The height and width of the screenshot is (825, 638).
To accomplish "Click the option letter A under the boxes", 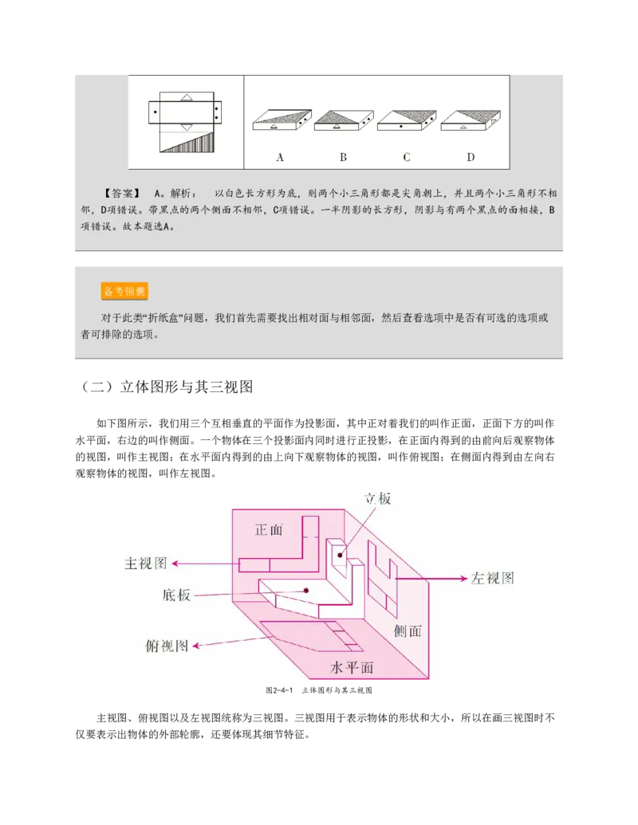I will click(280, 157).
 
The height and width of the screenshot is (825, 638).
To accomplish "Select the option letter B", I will click(343, 157).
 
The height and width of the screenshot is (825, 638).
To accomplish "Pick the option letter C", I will click(406, 157).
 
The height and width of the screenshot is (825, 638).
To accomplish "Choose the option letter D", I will click(470, 157).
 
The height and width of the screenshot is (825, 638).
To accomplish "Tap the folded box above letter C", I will click(406, 120).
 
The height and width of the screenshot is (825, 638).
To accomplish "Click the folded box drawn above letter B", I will click(343, 120).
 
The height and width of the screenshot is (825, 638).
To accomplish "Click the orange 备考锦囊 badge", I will click(124, 291).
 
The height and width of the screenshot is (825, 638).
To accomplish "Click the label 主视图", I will click(146, 564).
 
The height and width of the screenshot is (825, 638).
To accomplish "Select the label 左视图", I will click(494, 578).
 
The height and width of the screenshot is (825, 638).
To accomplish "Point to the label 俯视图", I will click(167, 646).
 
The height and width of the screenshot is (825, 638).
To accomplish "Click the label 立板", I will click(378, 499).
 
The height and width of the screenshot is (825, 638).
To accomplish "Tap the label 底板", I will click(176, 595).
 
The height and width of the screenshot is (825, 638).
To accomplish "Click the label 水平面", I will click(352, 668).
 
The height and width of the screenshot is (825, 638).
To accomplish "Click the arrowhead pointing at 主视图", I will click(175, 564).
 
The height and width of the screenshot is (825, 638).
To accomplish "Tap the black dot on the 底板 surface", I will click(306, 591).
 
